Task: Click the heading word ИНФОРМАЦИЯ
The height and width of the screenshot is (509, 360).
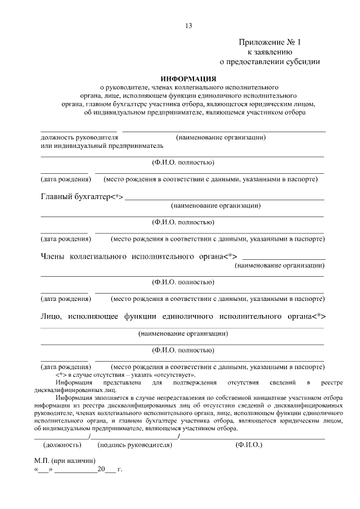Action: click(x=188, y=78)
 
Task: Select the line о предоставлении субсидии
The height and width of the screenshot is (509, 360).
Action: click(x=270, y=62)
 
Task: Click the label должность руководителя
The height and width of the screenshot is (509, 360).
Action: click(x=80, y=137)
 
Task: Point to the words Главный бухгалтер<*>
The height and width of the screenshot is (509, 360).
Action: click(x=82, y=196)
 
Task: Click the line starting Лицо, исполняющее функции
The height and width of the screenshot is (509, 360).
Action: click(x=183, y=316)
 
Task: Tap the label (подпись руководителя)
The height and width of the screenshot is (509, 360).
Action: click(x=135, y=444)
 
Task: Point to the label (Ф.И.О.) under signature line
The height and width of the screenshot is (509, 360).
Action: click(x=248, y=444)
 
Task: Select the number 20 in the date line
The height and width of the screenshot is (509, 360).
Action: click(x=101, y=469)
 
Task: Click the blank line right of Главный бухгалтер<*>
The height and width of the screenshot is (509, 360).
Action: click(x=225, y=198)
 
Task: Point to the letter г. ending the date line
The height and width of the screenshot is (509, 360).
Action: click(x=120, y=469)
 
